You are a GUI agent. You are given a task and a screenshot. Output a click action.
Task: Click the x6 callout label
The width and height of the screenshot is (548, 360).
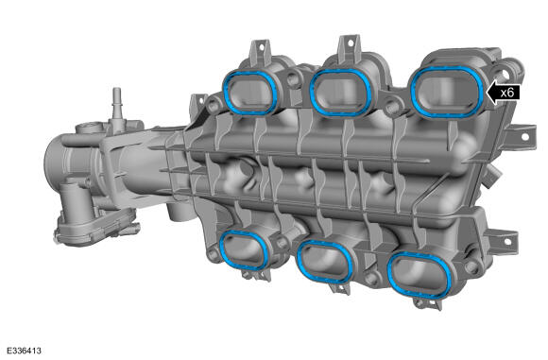[507, 93]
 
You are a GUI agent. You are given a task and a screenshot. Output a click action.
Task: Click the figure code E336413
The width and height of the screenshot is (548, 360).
[24, 351]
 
